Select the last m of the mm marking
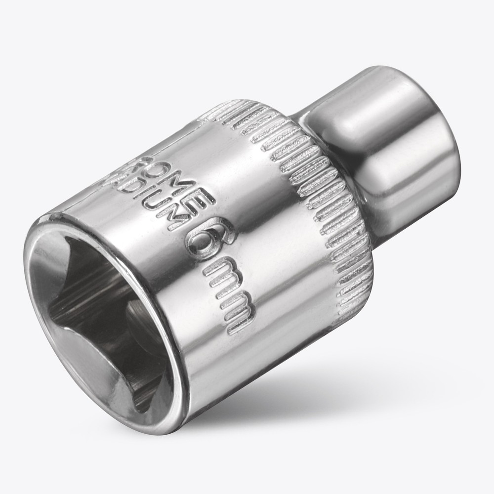pos(240,311)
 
